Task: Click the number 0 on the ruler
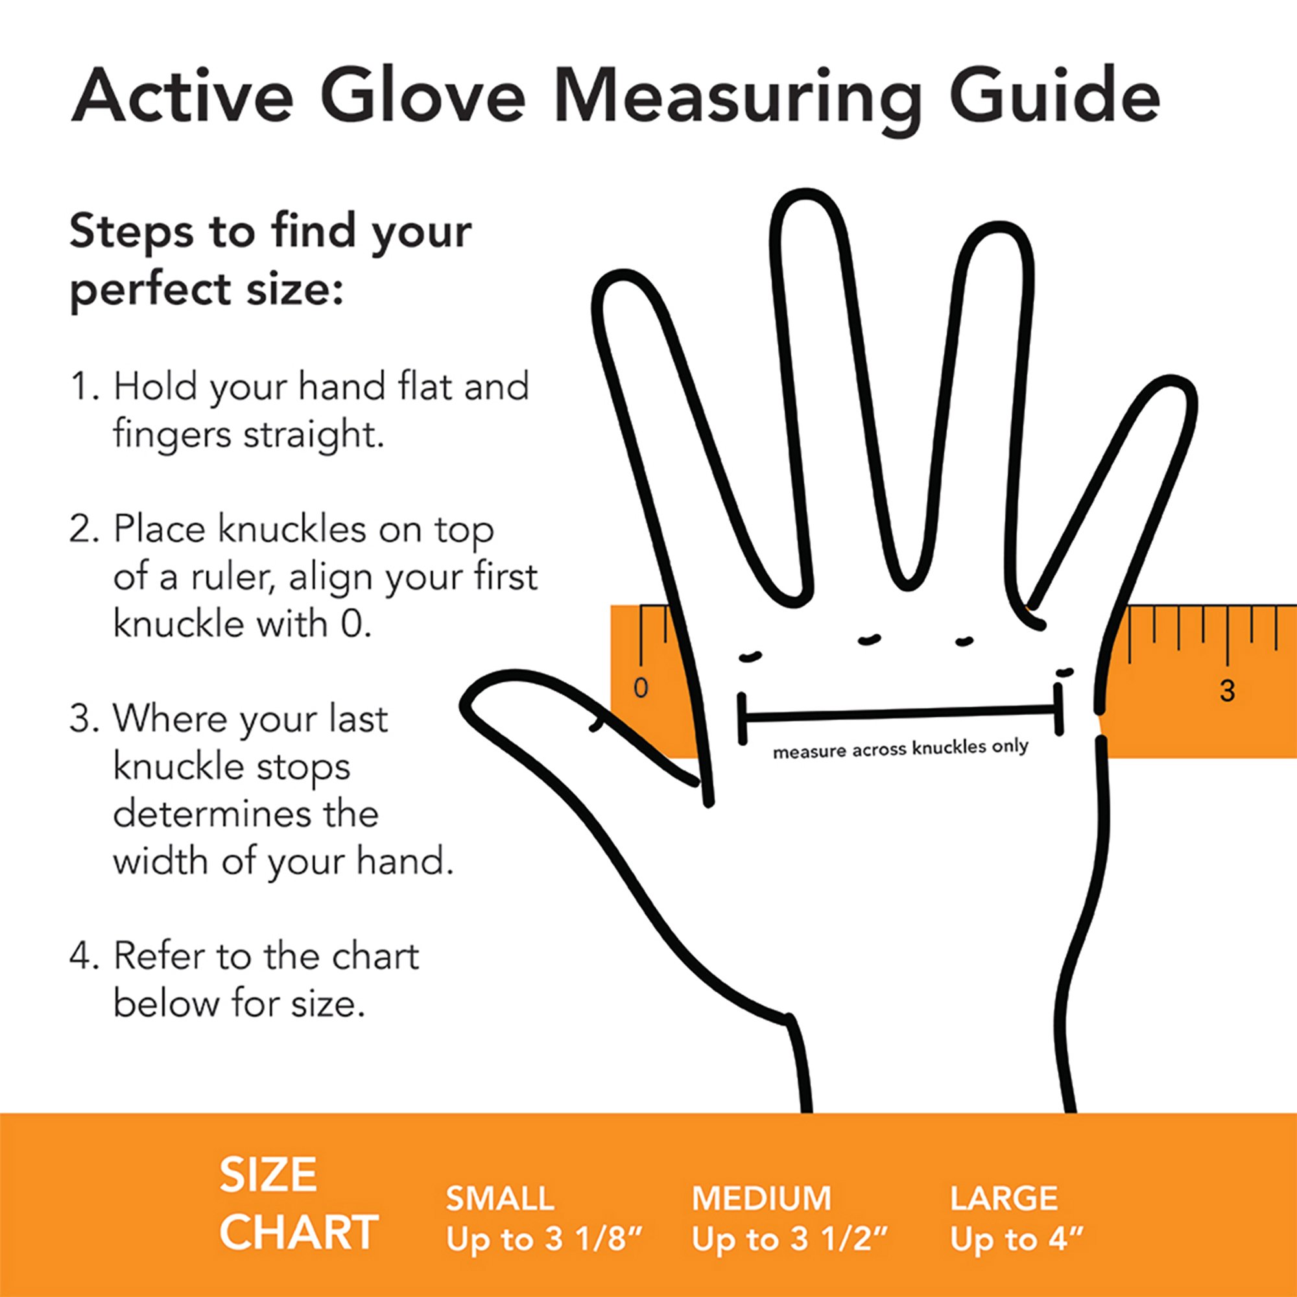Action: click(x=641, y=687)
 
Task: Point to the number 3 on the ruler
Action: click(x=1227, y=689)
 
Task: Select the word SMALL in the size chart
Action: click(x=499, y=1199)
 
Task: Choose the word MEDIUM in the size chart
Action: click(x=761, y=1199)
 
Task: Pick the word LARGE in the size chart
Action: click(x=1004, y=1199)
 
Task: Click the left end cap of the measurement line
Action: click(x=742, y=719)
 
